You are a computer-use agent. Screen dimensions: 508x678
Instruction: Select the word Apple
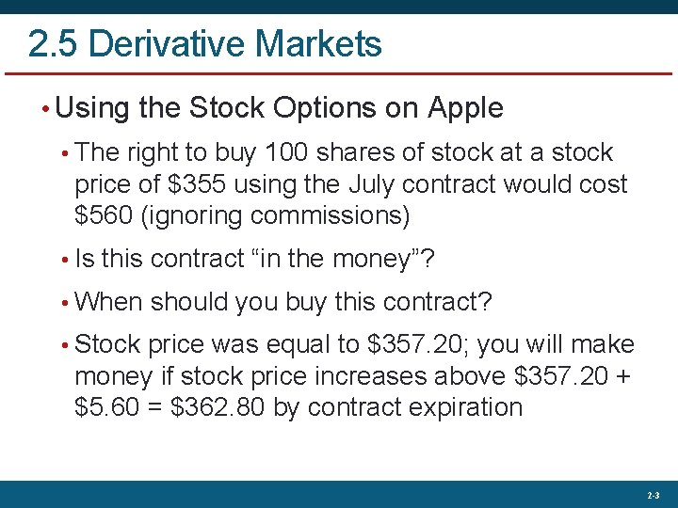[x=466, y=109]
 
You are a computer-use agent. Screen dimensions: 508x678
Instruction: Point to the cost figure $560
[x=103, y=216]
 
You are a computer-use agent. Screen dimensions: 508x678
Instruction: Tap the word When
[x=108, y=302]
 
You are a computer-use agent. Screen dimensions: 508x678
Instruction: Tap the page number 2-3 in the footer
[x=654, y=495]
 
